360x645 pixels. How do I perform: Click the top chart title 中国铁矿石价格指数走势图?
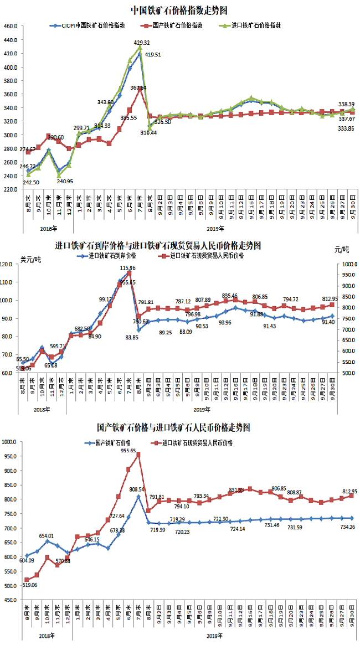181,10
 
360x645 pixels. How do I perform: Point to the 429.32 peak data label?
142,43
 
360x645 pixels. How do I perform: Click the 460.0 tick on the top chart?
11,27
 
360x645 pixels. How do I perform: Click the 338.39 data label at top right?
347,104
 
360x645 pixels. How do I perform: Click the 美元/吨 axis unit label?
29,258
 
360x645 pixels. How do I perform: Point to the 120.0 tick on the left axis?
8,264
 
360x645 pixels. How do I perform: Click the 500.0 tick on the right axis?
348,373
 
